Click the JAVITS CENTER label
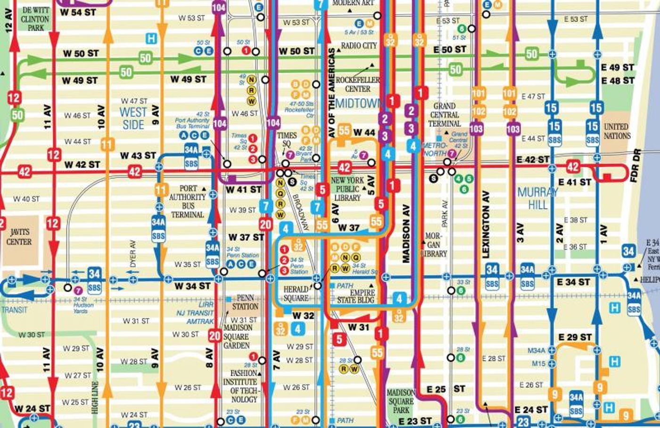[19, 237]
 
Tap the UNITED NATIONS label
[617, 131]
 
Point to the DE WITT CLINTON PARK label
[35, 19]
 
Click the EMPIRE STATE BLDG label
[355, 296]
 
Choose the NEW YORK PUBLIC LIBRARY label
[347, 189]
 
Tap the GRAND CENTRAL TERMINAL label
[444, 115]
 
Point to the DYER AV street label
[133, 253]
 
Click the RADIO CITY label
[359, 46]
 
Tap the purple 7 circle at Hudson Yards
[78, 290]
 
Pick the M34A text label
[536, 351]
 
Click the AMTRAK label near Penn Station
[200, 321]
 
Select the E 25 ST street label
[445, 389]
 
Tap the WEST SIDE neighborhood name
[133, 118]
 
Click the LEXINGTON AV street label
[486, 224]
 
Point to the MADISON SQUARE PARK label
[401, 401]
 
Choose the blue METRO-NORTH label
[434, 150]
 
